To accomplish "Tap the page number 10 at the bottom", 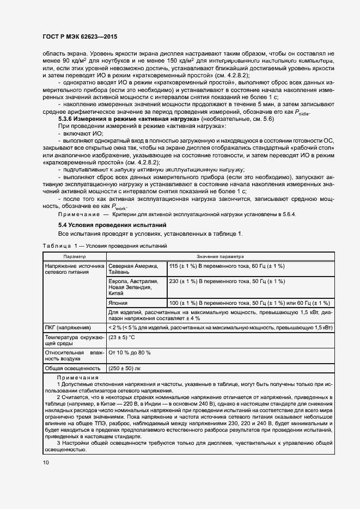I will [46, 463].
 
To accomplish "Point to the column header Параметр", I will [74, 256].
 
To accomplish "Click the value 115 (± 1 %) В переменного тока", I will [227, 266].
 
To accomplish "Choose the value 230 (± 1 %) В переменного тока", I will [227, 281].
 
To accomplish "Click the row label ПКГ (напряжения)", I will [68, 328].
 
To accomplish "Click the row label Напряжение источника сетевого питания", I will [74, 268].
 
